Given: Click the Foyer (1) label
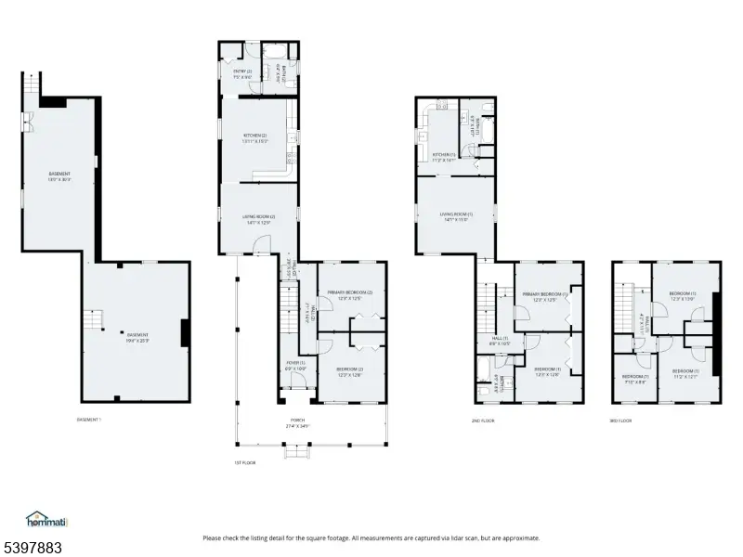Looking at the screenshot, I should click(x=295, y=366).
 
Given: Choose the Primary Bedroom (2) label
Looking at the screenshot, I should click(x=349, y=295).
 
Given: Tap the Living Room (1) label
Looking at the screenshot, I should click(x=456, y=216).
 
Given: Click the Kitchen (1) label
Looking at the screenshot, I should click(x=443, y=157).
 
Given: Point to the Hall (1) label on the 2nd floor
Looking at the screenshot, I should click(x=499, y=342).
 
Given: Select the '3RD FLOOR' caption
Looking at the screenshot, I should click(x=620, y=420).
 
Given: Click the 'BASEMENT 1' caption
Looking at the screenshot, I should click(x=89, y=420).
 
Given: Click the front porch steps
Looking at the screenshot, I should click(x=296, y=451).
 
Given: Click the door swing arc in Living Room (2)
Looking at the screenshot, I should click(x=263, y=246).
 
